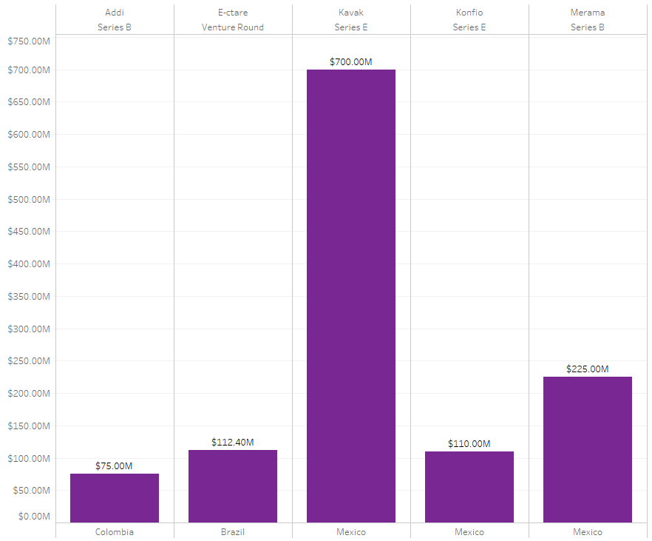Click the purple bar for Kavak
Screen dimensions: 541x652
tap(351, 296)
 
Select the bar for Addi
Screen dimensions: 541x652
tap(115, 498)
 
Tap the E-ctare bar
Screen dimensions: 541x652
tap(233, 486)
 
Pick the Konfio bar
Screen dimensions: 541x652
tap(469, 487)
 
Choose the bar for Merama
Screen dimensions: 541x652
tap(588, 449)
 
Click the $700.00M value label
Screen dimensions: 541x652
tap(351, 62)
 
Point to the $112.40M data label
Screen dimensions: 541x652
tap(233, 443)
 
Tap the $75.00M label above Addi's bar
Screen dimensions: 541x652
tap(115, 466)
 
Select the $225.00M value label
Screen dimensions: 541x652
tap(588, 369)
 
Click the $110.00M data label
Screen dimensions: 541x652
tap(469, 444)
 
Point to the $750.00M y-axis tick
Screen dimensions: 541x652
tap(29, 41)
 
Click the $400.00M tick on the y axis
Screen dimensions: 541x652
tap(29, 264)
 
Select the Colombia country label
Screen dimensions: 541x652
tap(115, 532)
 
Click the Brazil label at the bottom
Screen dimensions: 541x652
tap(233, 532)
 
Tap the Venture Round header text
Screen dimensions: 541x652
tap(233, 27)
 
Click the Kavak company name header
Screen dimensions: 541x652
tap(351, 13)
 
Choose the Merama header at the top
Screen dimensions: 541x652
tap(588, 13)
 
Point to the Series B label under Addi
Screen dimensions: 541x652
tap(115, 27)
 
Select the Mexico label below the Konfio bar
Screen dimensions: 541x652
tap(469, 532)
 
